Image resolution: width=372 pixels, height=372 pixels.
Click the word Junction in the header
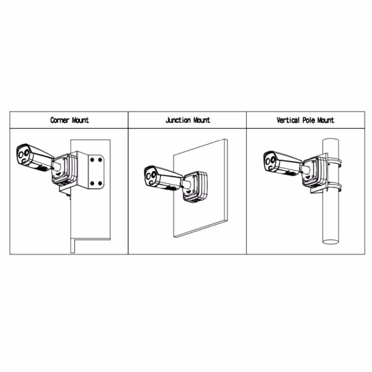pos(177,120)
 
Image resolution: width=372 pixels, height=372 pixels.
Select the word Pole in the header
pos(313,120)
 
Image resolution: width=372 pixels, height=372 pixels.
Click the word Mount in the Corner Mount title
pos(79,120)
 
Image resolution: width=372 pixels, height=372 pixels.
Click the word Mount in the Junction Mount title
pos(200,120)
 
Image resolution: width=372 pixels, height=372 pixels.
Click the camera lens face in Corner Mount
pos(24,156)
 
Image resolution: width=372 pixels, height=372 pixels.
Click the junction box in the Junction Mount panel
pos(196,186)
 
